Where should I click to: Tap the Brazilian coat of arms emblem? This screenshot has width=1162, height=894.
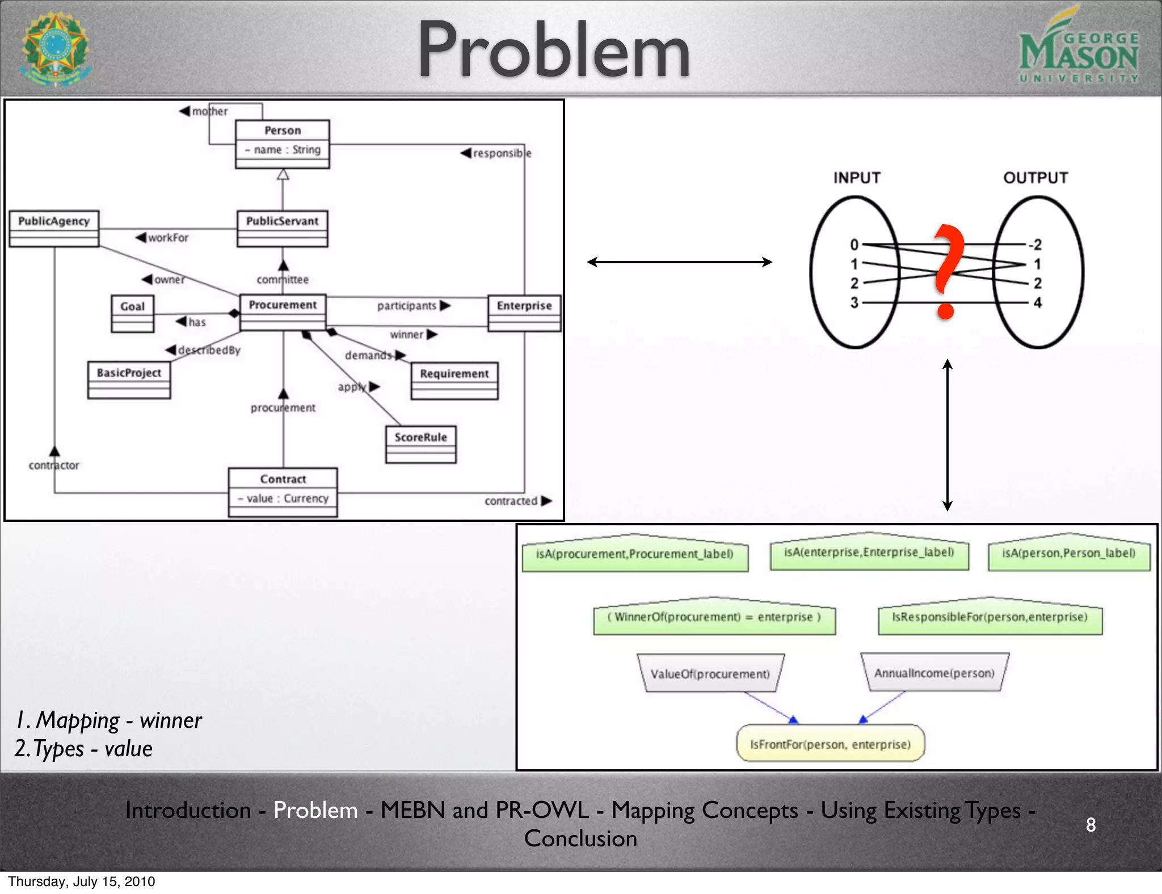point(55,49)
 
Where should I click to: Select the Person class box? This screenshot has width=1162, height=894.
point(283,144)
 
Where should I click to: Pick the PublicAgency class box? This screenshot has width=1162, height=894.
point(54,228)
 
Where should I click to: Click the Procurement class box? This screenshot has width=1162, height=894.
point(283,311)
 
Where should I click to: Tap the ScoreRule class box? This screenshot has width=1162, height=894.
point(420,444)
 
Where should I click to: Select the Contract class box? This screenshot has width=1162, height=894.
point(283,491)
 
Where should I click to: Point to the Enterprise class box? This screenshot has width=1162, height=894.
point(524,313)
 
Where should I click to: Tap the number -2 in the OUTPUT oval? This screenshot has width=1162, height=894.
point(1035,245)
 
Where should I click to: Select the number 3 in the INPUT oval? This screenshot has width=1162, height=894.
point(854,303)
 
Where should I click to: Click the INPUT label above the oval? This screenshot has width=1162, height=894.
point(857,178)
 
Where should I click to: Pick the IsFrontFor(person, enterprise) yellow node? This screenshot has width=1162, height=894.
point(830,744)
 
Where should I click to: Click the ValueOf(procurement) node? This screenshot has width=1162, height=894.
point(710,673)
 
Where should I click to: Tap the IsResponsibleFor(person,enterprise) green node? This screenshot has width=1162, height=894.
point(990,617)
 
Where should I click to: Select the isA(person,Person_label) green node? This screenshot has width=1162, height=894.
point(1068,553)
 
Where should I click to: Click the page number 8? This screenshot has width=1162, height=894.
point(1091,825)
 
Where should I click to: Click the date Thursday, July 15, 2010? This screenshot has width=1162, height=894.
point(82,882)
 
